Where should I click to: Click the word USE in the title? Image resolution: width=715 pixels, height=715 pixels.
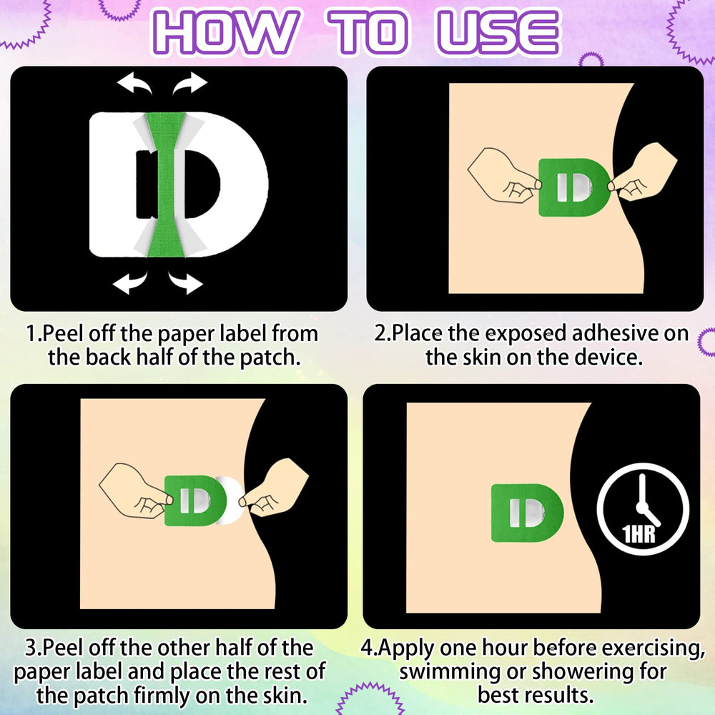pyautogui.click(x=498, y=32)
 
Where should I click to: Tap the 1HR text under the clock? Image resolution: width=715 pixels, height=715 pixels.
pyautogui.click(x=638, y=533)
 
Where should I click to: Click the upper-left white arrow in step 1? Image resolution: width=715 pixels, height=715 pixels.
pyautogui.click(x=134, y=83)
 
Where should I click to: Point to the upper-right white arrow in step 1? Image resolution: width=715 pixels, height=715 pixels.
pyautogui.click(x=189, y=83)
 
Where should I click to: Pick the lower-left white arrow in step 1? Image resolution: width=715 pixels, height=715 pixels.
pyautogui.click(x=130, y=282)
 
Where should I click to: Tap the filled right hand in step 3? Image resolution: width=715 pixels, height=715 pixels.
pyautogui.click(x=274, y=488)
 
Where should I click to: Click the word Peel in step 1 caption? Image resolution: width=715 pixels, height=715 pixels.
pyautogui.click(x=63, y=333)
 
